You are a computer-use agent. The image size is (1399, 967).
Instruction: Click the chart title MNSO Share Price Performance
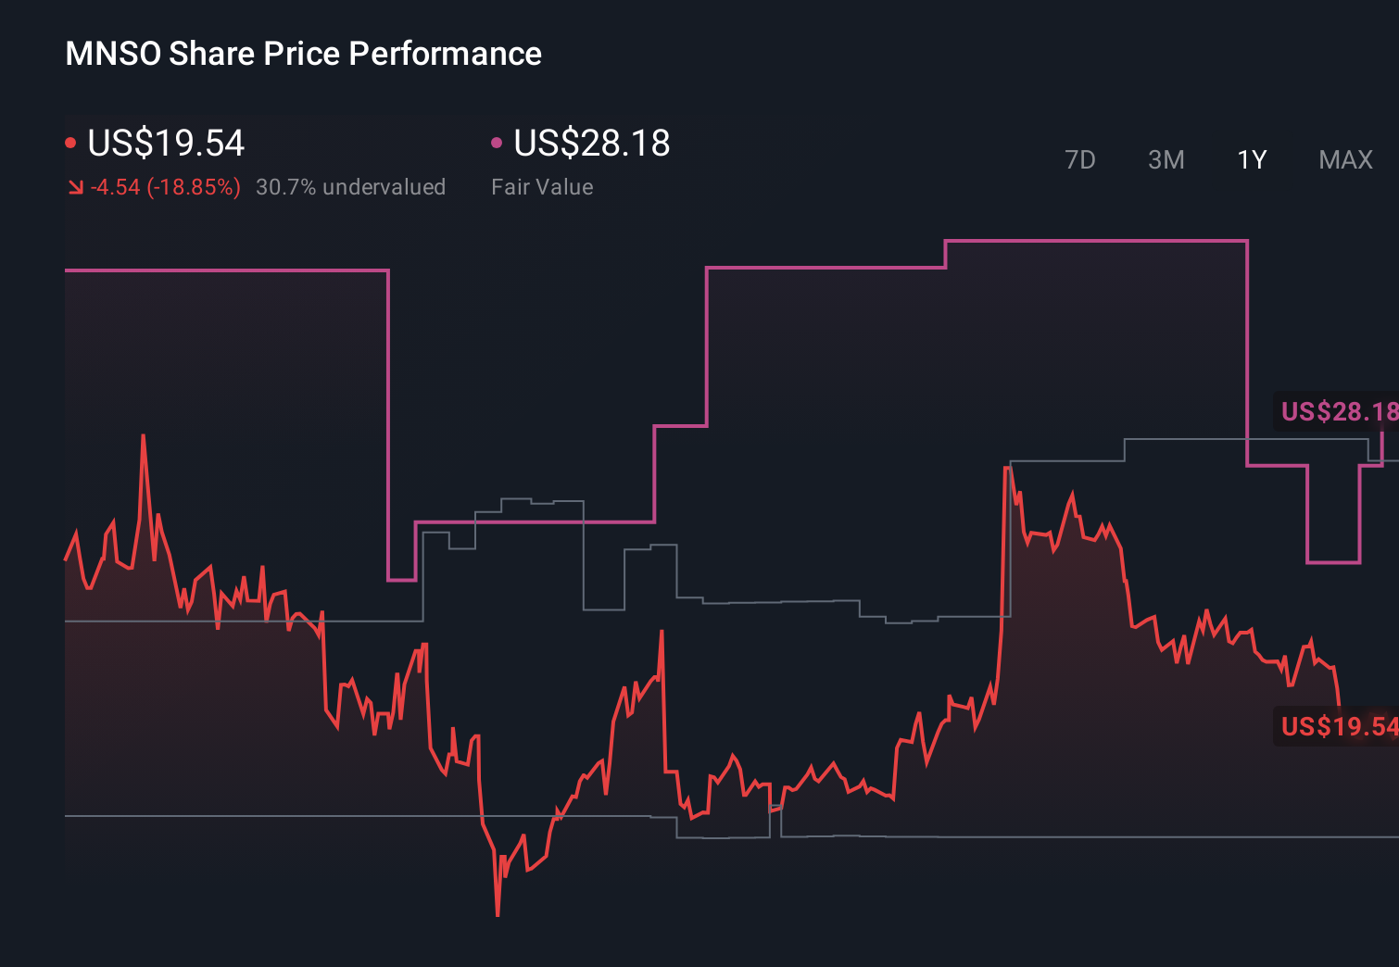pos(303,54)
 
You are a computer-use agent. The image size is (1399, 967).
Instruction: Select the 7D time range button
pos(1079,160)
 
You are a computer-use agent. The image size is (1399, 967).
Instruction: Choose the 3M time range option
pos(1166,160)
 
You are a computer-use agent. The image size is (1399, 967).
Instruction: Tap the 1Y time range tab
pos(1252,160)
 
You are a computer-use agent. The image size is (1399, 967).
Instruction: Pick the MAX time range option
pos(1345,160)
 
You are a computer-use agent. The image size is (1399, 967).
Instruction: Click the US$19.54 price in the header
pos(166,144)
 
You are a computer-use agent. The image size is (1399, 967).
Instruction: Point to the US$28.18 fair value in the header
pos(591,144)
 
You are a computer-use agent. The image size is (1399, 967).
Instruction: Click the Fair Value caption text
pos(542,187)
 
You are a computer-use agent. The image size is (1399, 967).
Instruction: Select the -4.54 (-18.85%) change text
pos(165,187)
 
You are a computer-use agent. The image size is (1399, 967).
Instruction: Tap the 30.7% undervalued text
pos(350,187)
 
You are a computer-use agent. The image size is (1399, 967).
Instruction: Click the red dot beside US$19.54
pos(70,143)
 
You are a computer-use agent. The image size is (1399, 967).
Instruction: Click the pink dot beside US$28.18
pos(497,143)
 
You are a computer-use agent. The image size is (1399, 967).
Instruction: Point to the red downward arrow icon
pos(76,187)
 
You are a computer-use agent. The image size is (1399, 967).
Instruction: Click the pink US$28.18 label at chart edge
pos(1338,411)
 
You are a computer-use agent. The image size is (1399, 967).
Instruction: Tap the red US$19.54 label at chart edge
pos(1338,726)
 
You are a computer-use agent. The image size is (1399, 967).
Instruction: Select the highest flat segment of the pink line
pos(1096,241)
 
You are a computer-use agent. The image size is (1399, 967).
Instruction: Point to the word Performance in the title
pos(445,54)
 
